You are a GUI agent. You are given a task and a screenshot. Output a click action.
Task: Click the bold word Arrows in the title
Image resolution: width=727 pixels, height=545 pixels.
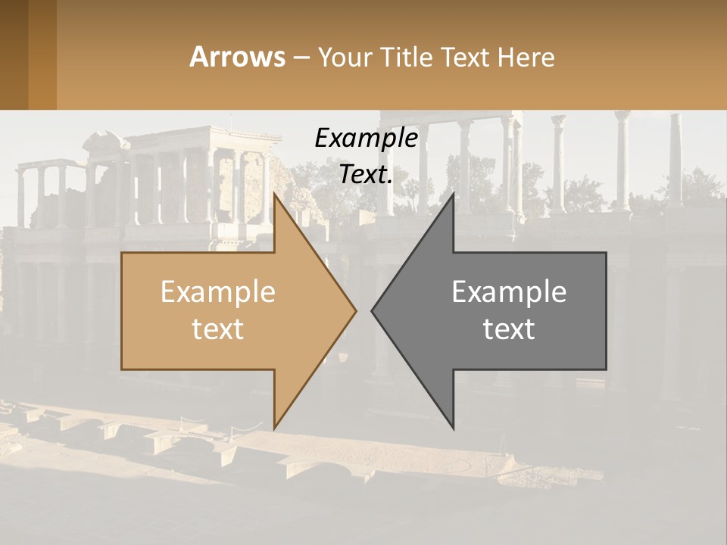click(238, 57)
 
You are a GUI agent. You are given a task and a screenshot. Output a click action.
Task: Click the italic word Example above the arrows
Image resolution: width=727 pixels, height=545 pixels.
click(366, 138)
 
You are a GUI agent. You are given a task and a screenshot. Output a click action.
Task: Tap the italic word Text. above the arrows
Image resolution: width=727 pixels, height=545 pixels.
click(364, 174)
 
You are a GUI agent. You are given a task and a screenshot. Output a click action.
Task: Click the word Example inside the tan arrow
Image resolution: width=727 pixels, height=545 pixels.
click(217, 291)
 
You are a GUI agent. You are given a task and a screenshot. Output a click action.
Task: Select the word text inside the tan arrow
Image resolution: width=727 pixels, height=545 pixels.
click(217, 329)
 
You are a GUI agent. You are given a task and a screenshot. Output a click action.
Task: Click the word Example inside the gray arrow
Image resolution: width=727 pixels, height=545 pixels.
click(509, 291)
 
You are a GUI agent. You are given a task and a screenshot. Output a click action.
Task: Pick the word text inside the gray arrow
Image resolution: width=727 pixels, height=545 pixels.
click(509, 329)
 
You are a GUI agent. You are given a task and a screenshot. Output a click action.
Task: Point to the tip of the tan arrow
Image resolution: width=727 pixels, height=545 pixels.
click(356, 310)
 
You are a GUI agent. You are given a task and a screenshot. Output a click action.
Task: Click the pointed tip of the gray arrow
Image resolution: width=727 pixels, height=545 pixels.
click(372, 310)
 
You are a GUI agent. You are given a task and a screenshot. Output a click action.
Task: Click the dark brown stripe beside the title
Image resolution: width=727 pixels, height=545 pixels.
click(14, 54)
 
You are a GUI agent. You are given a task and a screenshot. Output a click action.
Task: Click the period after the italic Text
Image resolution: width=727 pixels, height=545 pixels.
click(390, 182)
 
